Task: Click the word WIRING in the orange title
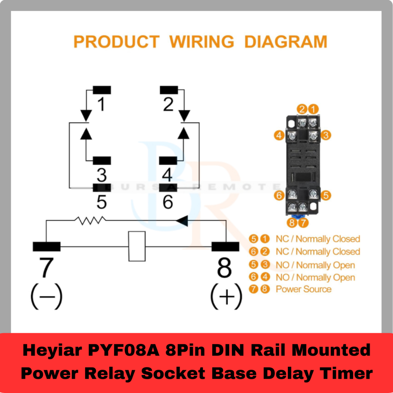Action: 201,41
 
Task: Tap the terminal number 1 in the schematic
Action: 101,104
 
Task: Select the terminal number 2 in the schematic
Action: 168,104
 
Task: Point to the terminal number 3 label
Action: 101,175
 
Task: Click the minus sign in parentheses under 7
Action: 46,296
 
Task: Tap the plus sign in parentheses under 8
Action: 226,296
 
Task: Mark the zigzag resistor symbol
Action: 90,220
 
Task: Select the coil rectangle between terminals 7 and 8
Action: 137,246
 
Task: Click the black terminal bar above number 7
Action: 46,246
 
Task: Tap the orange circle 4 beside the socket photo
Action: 279,135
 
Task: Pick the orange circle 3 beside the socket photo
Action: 326,135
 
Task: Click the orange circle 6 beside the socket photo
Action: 279,195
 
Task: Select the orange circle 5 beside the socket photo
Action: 326,195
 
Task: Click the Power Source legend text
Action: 303,289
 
